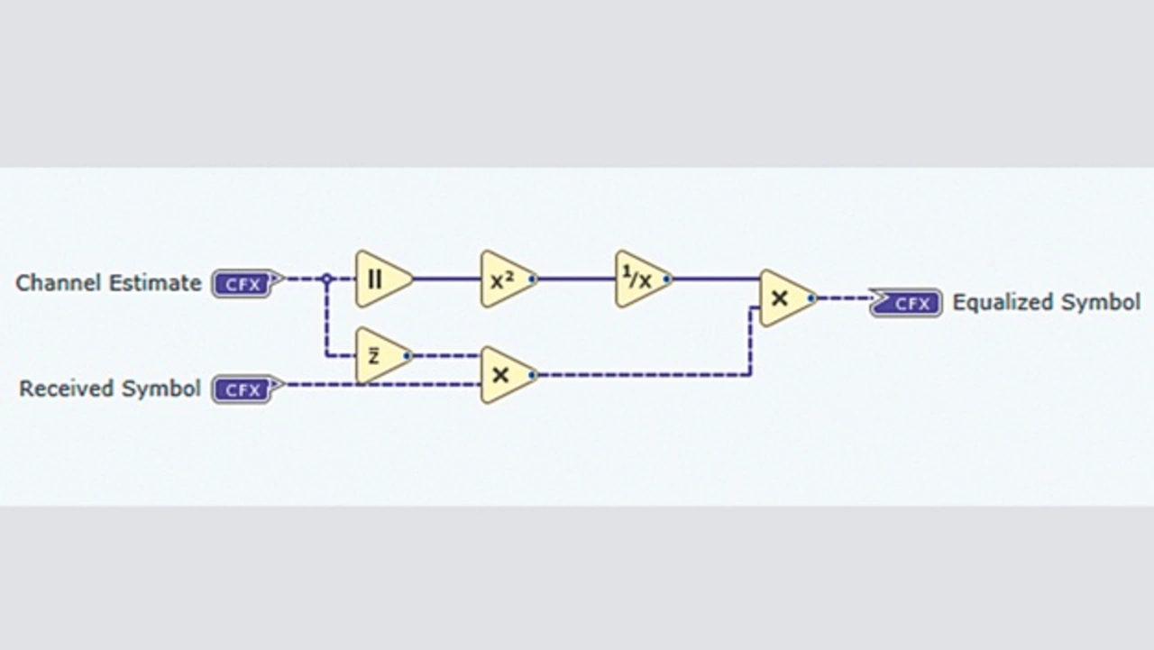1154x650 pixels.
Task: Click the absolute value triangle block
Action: (380, 279)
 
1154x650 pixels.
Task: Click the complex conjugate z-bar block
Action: (380, 356)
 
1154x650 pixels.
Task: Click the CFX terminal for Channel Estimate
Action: (243, 284)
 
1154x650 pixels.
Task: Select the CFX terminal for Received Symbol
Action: (243, 389)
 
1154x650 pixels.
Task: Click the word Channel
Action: (59, 283)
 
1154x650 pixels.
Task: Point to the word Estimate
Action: (155, 283)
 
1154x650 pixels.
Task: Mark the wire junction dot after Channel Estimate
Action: (327, 279)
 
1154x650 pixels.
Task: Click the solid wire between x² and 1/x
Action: (577, 279)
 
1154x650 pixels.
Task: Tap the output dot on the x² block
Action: (532, 279)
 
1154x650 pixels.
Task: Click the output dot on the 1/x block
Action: (666, 279)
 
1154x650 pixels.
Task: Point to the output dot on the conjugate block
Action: (407, 356)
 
